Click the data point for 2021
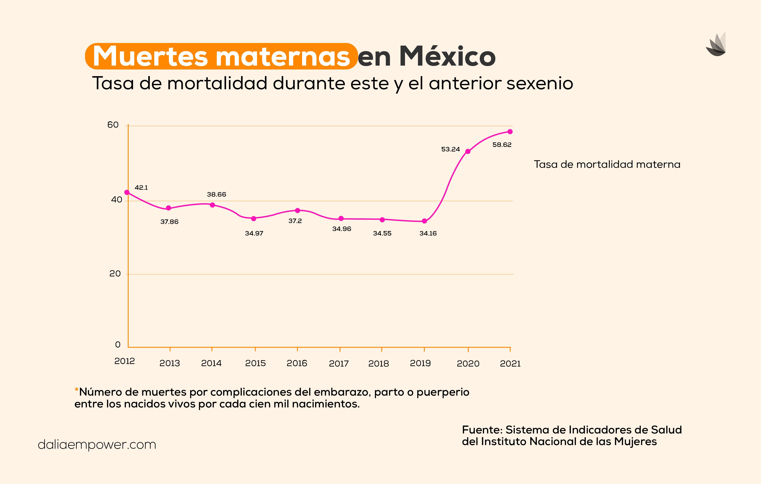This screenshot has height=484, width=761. pyautogui.click(x=510, y=132)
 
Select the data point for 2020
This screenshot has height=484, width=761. pyautogui.click(x=468, y=151)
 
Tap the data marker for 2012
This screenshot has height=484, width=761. pyautogui.click(x=127, y=192)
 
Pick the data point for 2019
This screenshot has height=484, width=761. pyautogui.click(x=424, y=221)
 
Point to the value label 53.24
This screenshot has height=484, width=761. pyautogui.click(x=450, y=149)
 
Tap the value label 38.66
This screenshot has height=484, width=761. pyautogui.click(x=217, y=194)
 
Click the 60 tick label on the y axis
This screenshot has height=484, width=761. pyautogui.click(x=113, y=125)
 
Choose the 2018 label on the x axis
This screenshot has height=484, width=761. pyautogui.click(x=378, y=364)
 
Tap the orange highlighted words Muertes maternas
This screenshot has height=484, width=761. pyautogui.click(x=221, y=57)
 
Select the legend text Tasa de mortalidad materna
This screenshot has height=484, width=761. pyautogui.click(x=607, y=165)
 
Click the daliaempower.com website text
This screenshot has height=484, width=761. pyautogui.click(x=97, y=445)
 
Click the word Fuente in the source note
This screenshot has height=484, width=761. pyautogui.click(x=482, y=430)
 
